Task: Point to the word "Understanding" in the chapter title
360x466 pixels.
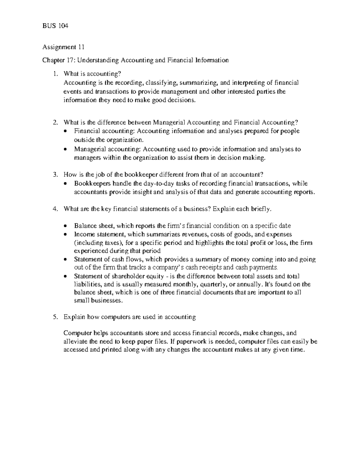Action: click(x=99, y=60)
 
